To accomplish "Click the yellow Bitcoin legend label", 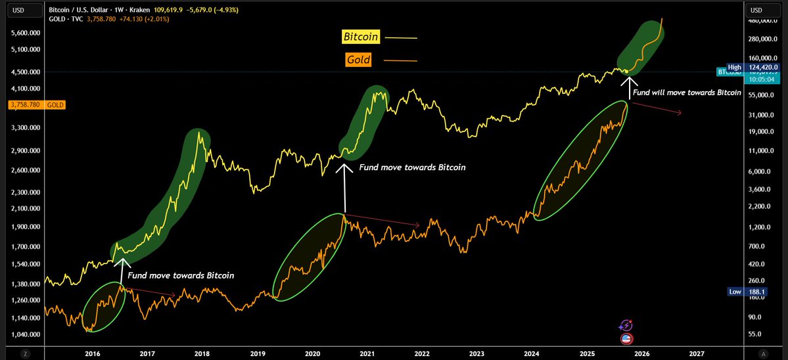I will tap(361, 37).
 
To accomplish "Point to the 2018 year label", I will tap(202, 353).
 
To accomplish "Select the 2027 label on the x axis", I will tap(696, 353).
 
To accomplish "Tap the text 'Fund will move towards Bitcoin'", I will tap(686, 93).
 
